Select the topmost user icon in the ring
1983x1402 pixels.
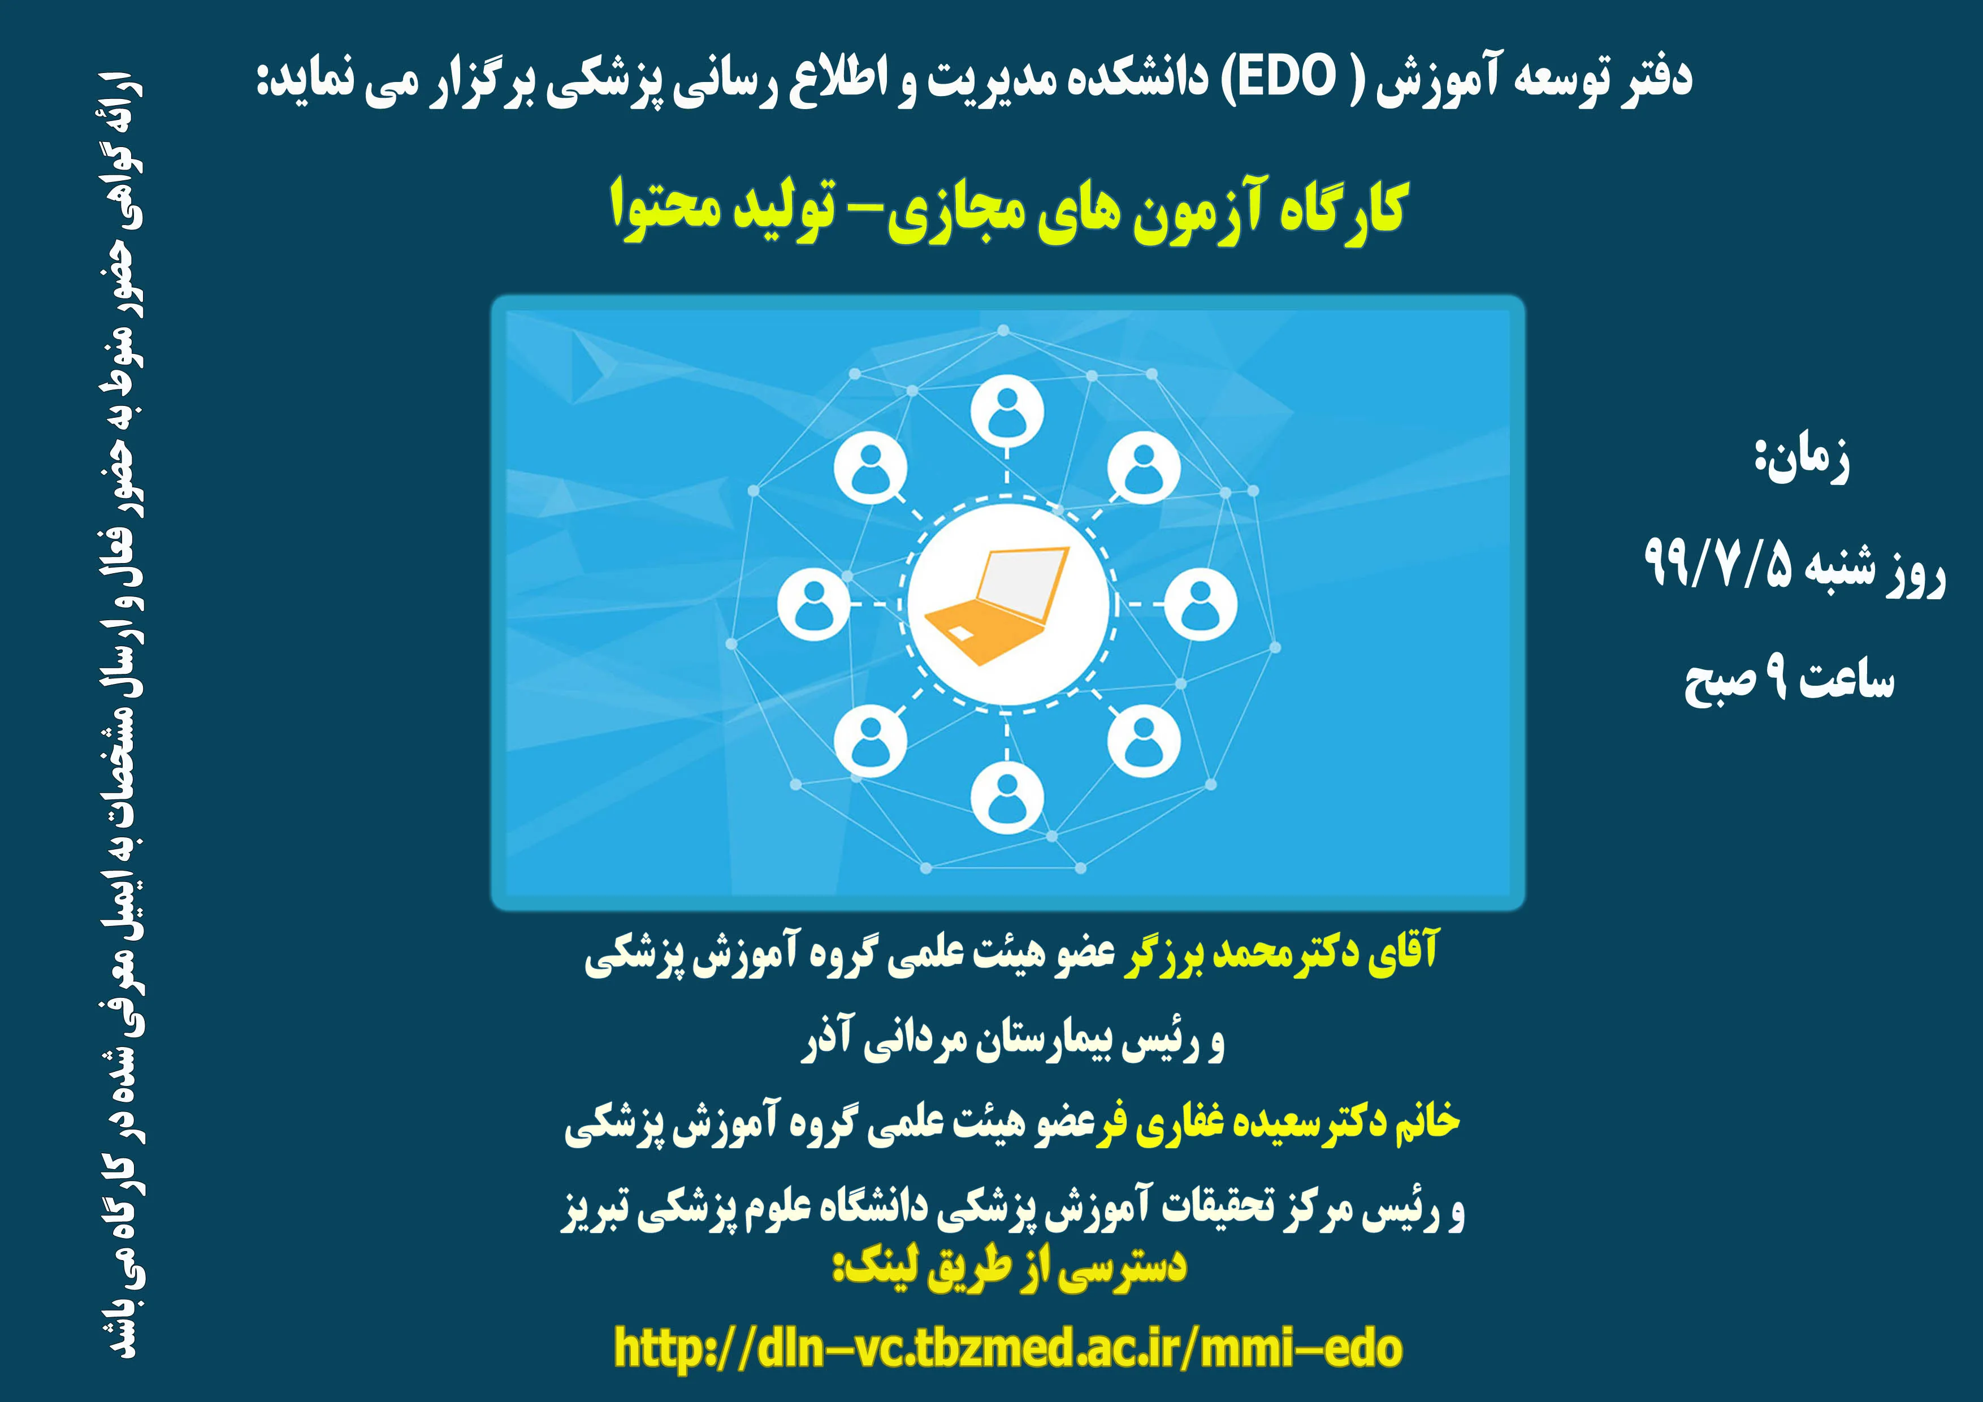[1006, 412]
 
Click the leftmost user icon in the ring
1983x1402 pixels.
[813, 605]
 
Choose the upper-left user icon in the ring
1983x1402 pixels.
[870, 468]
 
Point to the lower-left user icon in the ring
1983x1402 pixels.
[870, 741]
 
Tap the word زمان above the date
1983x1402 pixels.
[1808, 460]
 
